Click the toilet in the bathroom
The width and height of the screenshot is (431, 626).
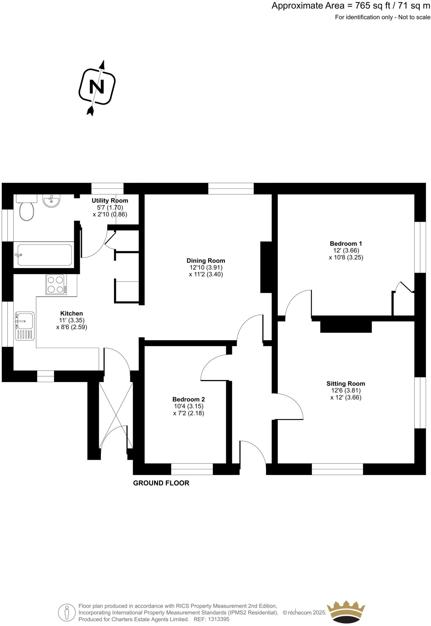point(26,210)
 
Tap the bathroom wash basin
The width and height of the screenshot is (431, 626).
point(51,201)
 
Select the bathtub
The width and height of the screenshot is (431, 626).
point(45,255)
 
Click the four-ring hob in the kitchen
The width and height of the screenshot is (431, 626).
point(56,285)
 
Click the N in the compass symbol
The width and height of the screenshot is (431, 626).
point(97,87)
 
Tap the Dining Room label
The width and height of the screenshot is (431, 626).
point(206,261)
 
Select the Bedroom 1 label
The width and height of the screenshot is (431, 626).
point(346,244)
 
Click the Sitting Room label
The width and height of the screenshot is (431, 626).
point(346,384)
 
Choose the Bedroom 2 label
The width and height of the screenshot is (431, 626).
point(188,399)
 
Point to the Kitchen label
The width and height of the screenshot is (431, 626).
point(72,313)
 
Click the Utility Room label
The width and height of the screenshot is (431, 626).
point(110,201)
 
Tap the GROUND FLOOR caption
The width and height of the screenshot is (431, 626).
point(161,483)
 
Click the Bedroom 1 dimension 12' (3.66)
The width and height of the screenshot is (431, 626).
point(346,250)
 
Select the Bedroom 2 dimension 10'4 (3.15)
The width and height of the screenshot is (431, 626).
point(188,406)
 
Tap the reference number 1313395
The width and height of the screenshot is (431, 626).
point(218,619)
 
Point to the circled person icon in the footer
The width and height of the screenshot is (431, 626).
point(67,612)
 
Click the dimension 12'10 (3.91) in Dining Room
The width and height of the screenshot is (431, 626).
point(206,267)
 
